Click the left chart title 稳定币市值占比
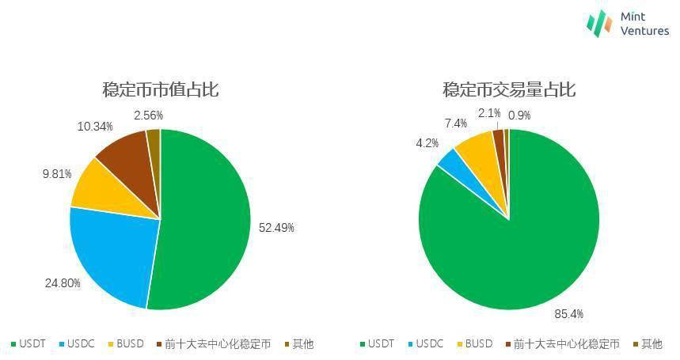(x=160, y=89)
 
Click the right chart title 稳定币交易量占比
(x=509, y=89)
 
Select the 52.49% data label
(x=276, y=228)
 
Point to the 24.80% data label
(x=63, y=282)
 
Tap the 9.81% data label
(x=57, y=173)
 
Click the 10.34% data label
(x=95, y=127)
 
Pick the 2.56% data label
(x=148, y=116)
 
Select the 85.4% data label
(x=568, y=314)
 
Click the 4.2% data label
(x=427, y=143)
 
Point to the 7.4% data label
(x=456, y=123)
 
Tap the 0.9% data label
(x=519, y=116)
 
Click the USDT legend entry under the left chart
(x=29, y=344)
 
